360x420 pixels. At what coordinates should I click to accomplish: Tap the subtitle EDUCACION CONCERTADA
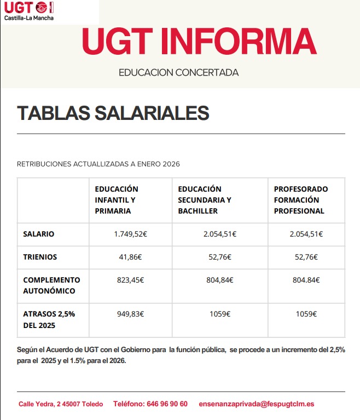[x=179, y=72]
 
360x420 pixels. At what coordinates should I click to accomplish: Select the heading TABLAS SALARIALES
[x=113, y=113]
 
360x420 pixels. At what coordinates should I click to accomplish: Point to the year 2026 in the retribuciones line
[x=171, y=164]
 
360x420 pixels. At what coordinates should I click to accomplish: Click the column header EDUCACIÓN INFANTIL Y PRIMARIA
[x=117, y=200]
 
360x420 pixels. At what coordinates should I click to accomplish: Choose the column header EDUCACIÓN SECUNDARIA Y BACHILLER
[x=205, y=200]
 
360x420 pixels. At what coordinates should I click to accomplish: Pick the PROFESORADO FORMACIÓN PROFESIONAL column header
[x=301, y=200]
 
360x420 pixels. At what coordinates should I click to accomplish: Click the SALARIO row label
[x=38, y=234]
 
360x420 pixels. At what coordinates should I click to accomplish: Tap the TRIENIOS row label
[x=40, y=256]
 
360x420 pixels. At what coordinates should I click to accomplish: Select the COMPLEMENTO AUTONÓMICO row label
[x=51, y=285]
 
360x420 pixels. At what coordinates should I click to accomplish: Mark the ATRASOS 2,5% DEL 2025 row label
[x=49, y=320]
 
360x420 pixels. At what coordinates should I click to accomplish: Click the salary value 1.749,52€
[x=130, y=234]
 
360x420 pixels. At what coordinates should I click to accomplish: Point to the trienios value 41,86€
[x=130, y=256]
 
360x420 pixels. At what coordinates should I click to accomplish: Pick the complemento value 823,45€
[x=130, y=280]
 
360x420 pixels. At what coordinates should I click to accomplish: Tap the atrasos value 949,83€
[x=130, y=314]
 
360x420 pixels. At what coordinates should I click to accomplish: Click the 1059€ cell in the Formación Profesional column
[x=306, y=314]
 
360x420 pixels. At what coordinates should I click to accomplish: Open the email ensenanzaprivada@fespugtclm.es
[x=257, y=404]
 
